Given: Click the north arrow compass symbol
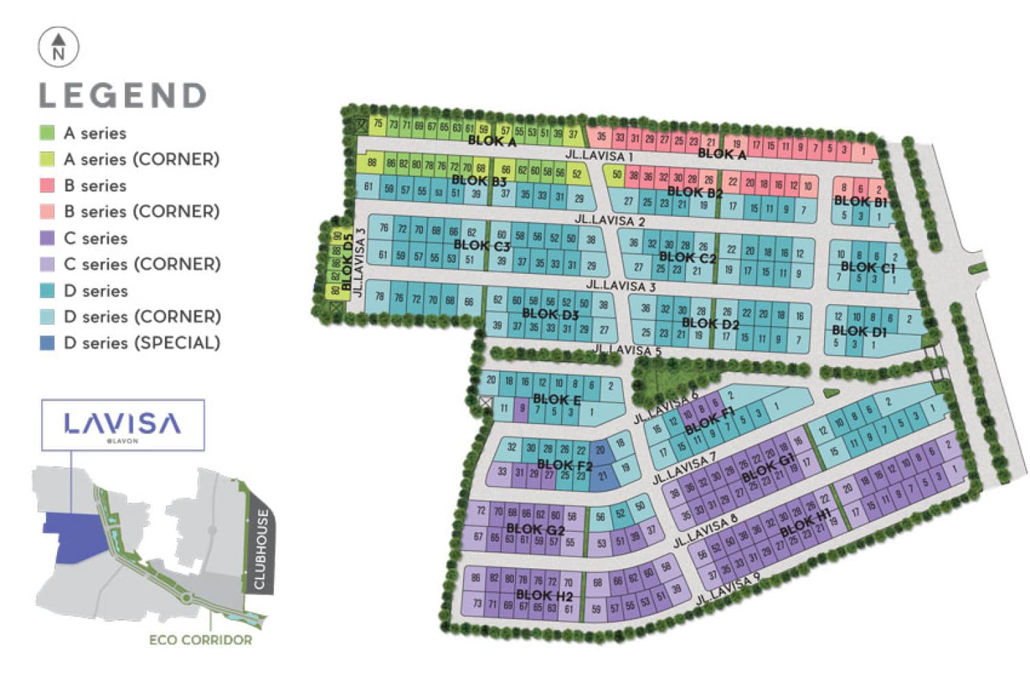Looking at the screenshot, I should [x=58, y=47].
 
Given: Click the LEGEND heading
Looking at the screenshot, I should [x=122, y=95].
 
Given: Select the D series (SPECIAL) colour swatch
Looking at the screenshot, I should [x=47, y=343].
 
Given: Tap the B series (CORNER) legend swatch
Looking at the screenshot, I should [x=47, y=211].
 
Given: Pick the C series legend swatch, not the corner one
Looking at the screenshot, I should [x=47, y=238].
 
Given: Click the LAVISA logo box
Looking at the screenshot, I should [x=123, y=425].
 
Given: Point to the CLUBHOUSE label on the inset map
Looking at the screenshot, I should [x=260, y=549].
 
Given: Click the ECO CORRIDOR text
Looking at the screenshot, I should [x=201, y=640].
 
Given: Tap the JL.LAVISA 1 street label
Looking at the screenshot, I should [x=599, y=155].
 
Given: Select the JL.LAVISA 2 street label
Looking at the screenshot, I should [x=610, y=220].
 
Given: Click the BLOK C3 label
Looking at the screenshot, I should [x=482, y=245].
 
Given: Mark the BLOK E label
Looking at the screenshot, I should [x=557, y=399].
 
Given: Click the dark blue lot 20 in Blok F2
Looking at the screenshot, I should [x=600, y=450].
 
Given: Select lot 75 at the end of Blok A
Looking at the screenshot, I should [x=378, y=124].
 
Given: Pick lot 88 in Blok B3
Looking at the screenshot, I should [x=371, y=163].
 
